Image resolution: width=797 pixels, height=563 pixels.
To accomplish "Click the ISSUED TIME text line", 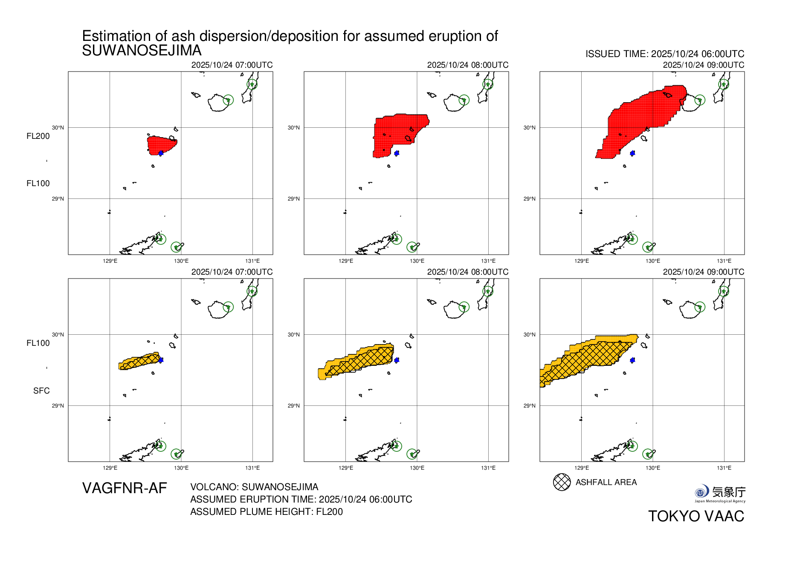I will click(664, 54).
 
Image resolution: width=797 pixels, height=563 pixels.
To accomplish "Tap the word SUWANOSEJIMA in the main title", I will click(142, 51).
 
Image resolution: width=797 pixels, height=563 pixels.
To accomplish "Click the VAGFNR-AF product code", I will click(125, 488).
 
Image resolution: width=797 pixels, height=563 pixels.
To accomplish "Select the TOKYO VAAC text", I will click(696, 516).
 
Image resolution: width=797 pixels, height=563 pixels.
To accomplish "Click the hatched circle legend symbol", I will click(562, 482).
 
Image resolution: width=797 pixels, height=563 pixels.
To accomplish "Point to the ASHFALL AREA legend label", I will click(606, 482).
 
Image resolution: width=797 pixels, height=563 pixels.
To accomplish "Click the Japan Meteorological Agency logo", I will click(720, 493).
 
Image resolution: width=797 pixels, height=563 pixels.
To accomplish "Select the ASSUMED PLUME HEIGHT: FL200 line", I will click(267, 511).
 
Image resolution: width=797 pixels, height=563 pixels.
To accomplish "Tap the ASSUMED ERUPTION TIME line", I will click(301, 499).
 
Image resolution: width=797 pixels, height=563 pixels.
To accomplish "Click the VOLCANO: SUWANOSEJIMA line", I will click(254, 487).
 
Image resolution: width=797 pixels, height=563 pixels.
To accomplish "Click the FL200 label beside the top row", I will click(38, 136).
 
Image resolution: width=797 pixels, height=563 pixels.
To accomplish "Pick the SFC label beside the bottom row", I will click(41, 391).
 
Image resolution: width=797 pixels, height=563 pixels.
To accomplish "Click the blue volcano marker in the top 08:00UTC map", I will click(397, 153).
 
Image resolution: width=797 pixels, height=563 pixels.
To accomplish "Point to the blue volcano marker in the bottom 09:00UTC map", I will click(632, 360).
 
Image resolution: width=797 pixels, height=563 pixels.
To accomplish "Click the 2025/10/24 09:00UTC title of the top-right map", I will click(703, 65).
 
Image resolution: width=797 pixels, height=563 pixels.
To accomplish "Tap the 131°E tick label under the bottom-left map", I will click(252, 468).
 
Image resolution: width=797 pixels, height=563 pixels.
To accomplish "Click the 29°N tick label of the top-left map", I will click(58, 199).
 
